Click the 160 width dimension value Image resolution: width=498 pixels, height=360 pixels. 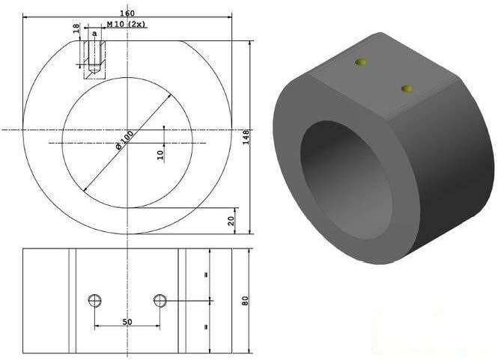point(127,13)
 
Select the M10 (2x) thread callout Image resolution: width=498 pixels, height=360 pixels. point(126,24)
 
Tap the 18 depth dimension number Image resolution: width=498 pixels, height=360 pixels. point(76,28)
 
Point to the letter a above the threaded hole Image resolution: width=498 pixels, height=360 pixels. point(94,34)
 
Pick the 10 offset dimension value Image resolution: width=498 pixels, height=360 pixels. point(160,155)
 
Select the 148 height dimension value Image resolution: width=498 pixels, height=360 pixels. point(246,137)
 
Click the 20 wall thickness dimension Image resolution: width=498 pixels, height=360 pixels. point(231,221)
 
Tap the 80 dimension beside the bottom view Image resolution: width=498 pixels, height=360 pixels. point(245,301)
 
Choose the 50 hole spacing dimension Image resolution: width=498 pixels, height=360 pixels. point(127,322)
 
